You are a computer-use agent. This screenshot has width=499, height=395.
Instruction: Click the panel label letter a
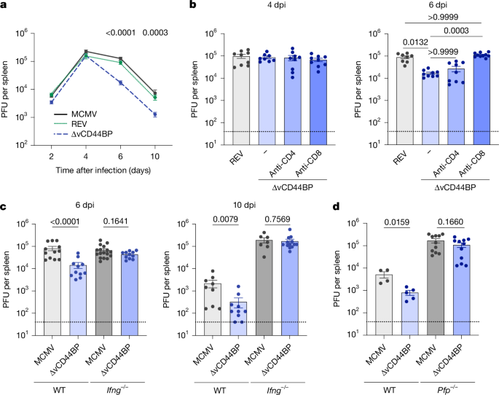[5, 5]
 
